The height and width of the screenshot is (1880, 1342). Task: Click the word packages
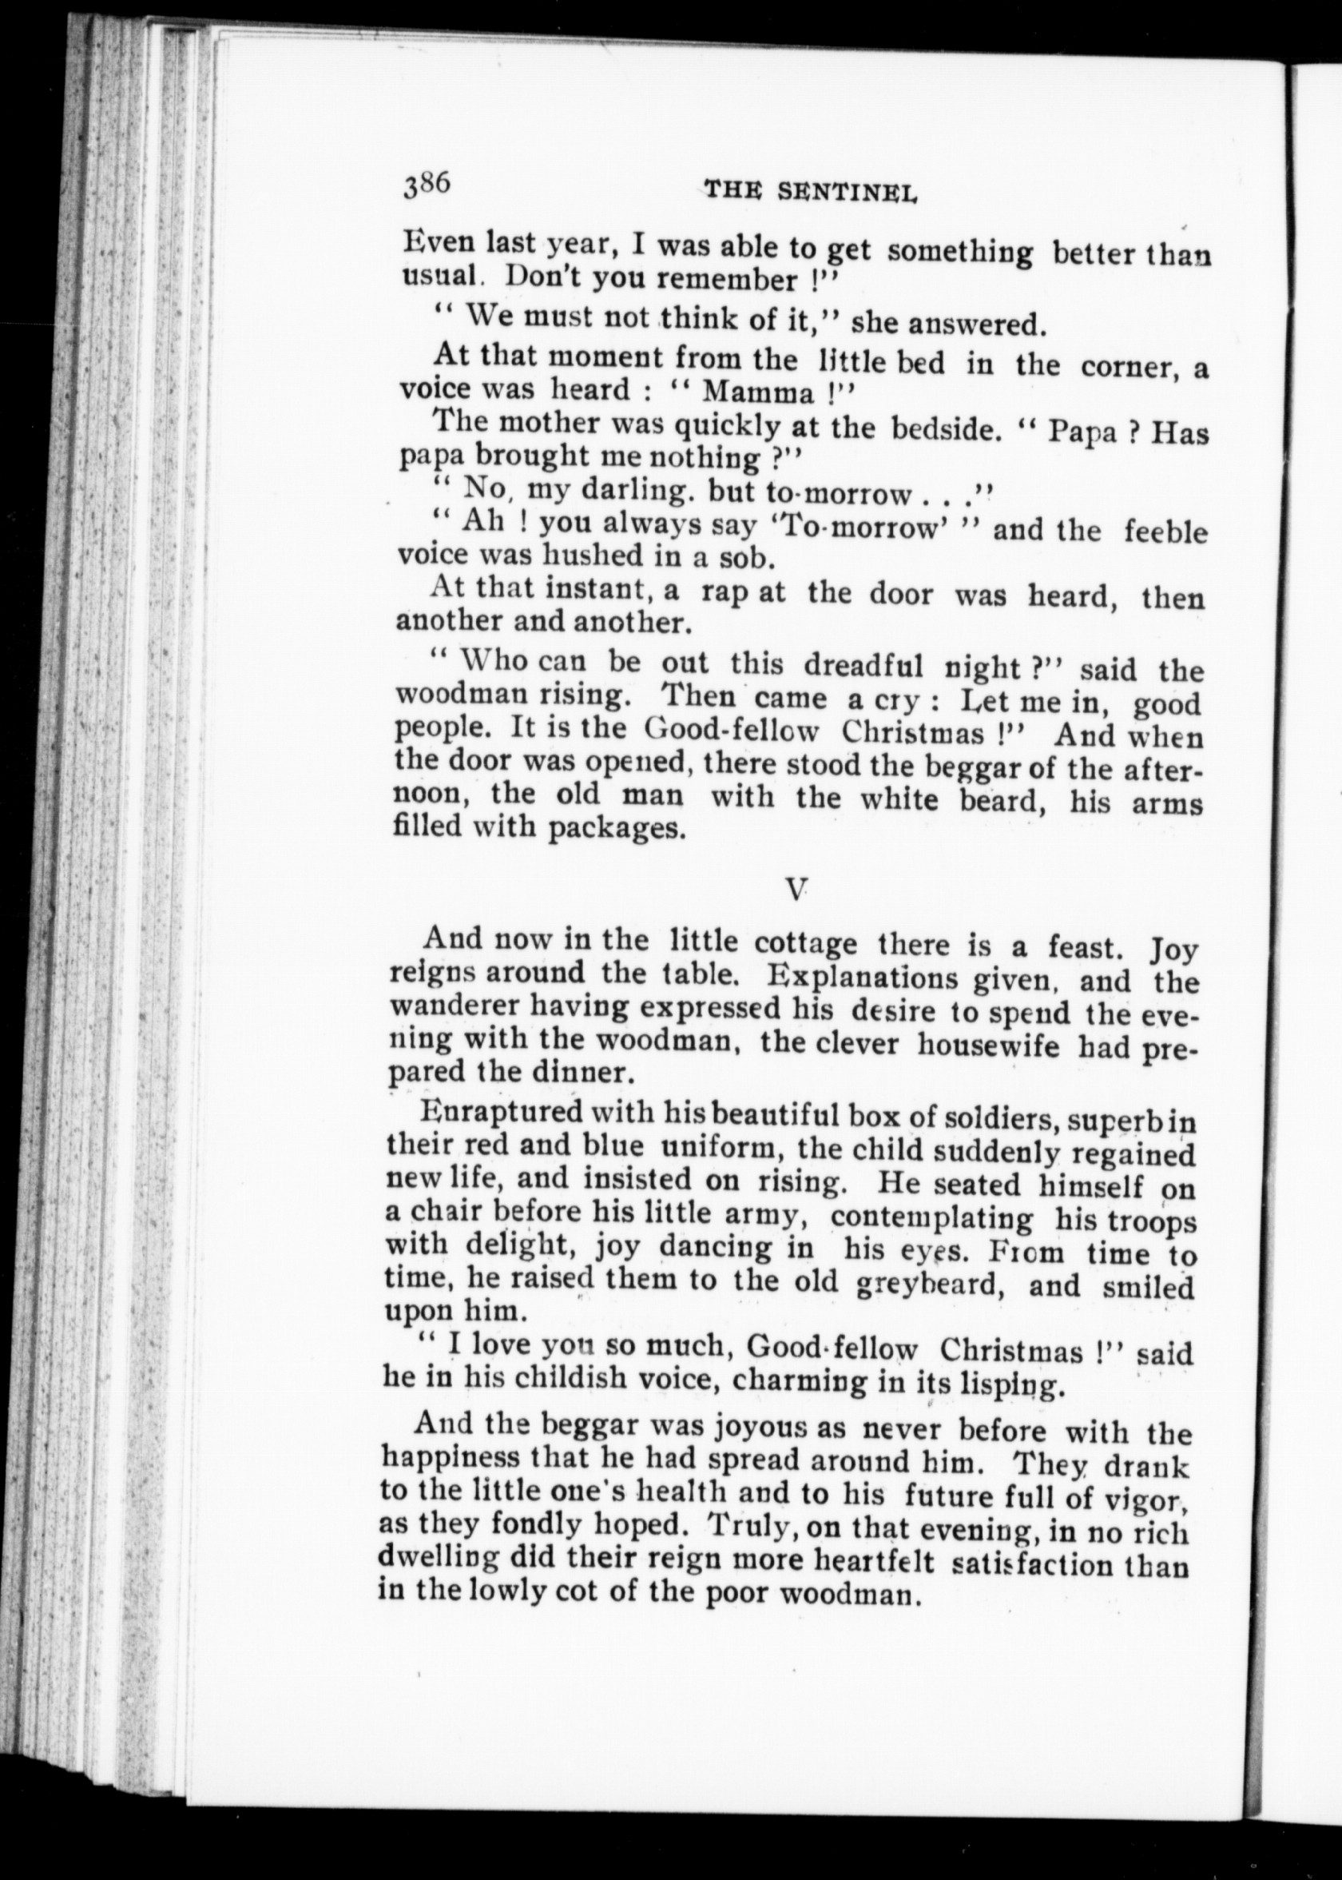click(x=617, y=828)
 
